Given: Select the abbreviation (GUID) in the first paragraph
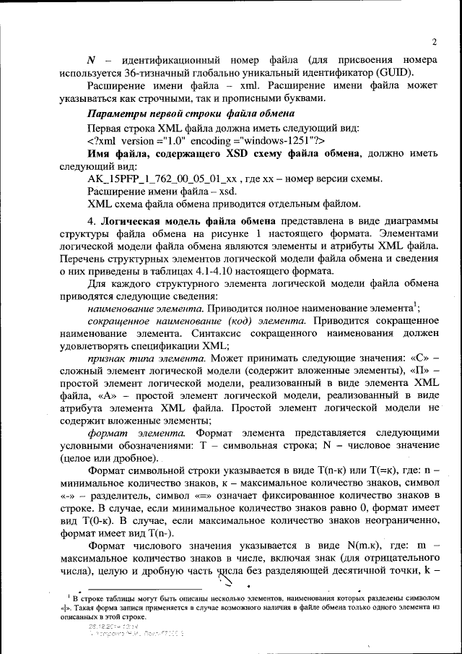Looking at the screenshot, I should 411,72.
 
